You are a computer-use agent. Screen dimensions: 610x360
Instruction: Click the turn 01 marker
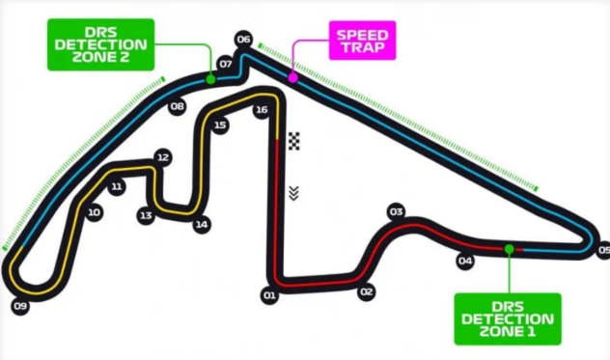click(x=269, y=293)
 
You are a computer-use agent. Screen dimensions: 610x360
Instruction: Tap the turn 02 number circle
click(x=366, y=291)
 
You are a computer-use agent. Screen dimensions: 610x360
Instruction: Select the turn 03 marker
click(x=395, y=211)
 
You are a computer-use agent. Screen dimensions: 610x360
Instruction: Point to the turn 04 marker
click(x=465, y=261)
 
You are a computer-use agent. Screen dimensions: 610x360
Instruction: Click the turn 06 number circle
click(x=243, y=40)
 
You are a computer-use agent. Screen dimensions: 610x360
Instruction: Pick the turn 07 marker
click(x=226, y=64)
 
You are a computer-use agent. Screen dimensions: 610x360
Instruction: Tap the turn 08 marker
click(x=177, y=107)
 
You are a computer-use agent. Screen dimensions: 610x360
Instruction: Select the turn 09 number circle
click(x=20, y=306)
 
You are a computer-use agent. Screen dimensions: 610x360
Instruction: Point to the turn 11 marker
click(x=117, y=187)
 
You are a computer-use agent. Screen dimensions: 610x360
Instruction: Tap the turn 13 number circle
click(x=146, y=215)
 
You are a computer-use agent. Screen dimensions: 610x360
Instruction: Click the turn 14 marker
click(x=201, y=225)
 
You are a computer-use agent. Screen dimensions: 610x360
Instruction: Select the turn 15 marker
click(x=220, y=125)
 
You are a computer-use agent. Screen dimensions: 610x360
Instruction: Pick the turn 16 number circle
click(x=261, y=110)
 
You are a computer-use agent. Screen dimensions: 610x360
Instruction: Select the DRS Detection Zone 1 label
click(x=507, y=318)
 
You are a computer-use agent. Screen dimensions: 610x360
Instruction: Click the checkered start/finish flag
click(x=294, y=141)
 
